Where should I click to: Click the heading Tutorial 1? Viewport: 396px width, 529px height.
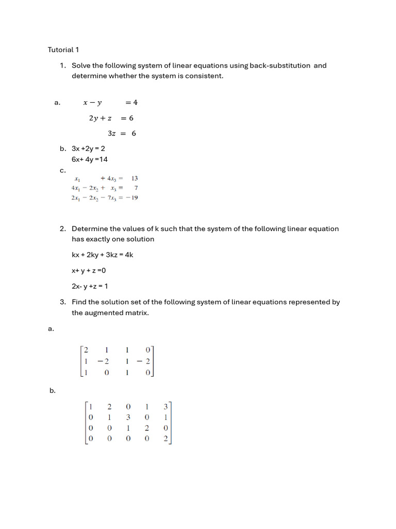[63, 50]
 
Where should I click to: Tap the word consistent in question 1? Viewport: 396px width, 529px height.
[205, 76]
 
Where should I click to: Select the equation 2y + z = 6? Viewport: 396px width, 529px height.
[111, 118]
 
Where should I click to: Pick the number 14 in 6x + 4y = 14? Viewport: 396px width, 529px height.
[103, 159]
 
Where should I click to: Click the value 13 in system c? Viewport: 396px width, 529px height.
[135, 178]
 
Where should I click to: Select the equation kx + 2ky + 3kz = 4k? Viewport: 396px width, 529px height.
[102, 255]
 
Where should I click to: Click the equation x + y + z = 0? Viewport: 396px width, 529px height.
[88, 270]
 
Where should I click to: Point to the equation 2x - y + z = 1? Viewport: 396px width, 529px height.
[89, 286]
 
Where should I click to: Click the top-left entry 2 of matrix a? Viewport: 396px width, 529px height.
[86, 350]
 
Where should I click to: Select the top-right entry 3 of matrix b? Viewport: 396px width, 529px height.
[166, 407]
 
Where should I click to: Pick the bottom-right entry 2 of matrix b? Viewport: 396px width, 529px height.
[166, 439]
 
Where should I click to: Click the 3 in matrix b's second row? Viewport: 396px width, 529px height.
[128, 417]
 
